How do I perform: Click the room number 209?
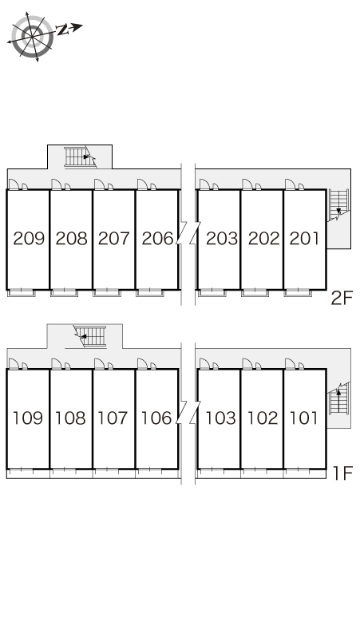[x=29, y=239]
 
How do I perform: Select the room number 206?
[x=157, y=239]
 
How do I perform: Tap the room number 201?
[x=304, y=239]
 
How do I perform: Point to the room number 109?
[x=28, y=418]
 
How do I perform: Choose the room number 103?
[x=220, y=418]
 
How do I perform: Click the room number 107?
[x=113, y=418]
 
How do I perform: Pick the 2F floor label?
[x=341, y=298]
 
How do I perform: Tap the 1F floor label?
[x=342, y=473]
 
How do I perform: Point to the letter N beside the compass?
[x=61, y=30]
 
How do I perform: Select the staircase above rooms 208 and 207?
[x=81, y=156]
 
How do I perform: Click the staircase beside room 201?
[x=338, y=205]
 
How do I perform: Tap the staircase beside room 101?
[x=339, y=398]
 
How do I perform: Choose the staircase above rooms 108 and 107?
[x=90, y=336]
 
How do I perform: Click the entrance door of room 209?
[x=14, y=184]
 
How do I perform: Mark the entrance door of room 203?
[x=204, y=184]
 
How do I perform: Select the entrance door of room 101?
[x=291, y=363]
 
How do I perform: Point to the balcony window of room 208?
[x=64, y=292]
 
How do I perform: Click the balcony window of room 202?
[x=255, y=292]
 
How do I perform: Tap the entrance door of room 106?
[x=142, y=363]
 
